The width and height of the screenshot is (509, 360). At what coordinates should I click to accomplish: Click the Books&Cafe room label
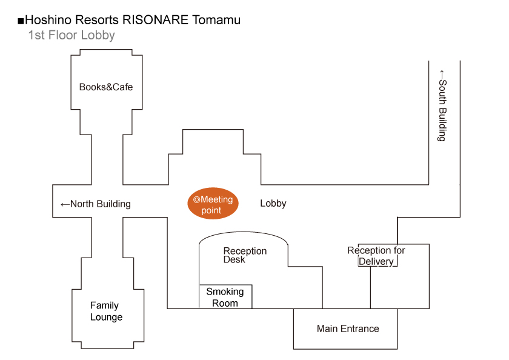pos(106,87)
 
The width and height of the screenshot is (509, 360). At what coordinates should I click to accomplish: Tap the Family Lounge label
pos(106,312)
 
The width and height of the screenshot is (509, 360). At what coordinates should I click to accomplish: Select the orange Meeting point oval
pos(213,205)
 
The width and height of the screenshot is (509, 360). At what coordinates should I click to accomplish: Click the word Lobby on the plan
pos(273,204)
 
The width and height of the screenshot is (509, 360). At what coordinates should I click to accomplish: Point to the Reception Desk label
pos(245,255)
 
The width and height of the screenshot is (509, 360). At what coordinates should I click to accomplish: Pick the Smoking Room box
pos(225,297)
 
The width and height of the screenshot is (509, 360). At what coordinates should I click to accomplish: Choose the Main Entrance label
pos(348,329)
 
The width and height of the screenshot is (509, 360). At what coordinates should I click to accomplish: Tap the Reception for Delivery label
pos(376,256)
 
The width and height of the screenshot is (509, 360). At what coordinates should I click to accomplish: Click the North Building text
pos(101,204)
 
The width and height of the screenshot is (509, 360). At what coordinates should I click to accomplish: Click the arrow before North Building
pos(65,204)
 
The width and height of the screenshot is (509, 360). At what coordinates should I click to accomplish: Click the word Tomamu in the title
pos(216,20)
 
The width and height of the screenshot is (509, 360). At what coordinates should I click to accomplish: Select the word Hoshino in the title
pos(46,20)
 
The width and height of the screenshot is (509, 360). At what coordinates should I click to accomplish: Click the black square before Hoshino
pos(21,21)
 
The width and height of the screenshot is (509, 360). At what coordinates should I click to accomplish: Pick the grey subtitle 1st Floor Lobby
pos(72,35)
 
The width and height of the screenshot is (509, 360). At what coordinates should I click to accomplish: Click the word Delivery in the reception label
pos(376,262)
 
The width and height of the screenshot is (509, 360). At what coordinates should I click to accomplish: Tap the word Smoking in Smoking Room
pos(225,292)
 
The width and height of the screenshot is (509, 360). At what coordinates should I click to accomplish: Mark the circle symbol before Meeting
pos(196,199)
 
